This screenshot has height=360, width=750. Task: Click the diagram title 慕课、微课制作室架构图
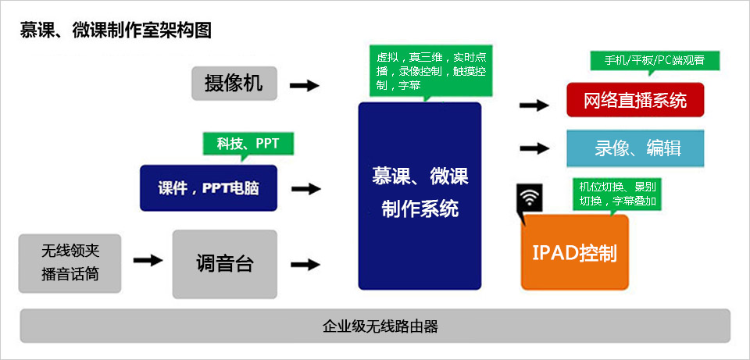point(116,31)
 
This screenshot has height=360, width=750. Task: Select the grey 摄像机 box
point(234,84)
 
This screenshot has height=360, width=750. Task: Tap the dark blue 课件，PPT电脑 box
point(209,188)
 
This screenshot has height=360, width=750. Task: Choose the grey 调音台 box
point(224,264)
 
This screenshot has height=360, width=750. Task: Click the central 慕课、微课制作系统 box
point(420,195)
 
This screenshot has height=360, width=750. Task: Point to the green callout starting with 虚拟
point(431,71)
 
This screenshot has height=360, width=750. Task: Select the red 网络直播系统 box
point(635,101)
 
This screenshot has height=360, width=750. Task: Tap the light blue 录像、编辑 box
point(635,148)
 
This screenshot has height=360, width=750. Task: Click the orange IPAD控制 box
point(574,253)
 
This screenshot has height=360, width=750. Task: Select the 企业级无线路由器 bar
point(375,326)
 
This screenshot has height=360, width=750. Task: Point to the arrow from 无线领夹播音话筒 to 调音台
point(148,260)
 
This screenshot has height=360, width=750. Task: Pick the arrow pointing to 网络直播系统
point(534,105)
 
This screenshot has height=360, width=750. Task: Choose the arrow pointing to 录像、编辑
point(534,148)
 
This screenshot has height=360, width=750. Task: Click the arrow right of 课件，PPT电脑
point(305,189)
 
